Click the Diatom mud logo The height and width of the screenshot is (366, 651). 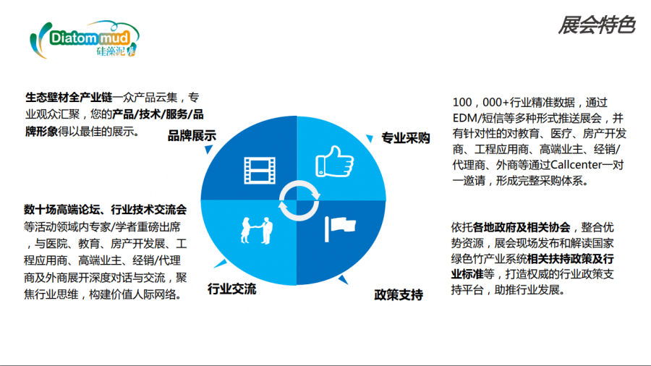click(x=85, y=39)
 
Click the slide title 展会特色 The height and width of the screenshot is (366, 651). click(x=597, y=25)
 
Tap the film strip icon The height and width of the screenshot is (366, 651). click(x=260, y=170)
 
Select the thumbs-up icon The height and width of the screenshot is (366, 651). click(x=335, y=161)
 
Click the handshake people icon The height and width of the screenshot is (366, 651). click(x=257, y=230)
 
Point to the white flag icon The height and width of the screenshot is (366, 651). click(x=340, y=229)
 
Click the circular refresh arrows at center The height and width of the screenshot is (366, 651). click(x=299, y=200)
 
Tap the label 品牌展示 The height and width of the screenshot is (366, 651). click(x=192, y=136)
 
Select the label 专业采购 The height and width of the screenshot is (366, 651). click(x=405, y=138)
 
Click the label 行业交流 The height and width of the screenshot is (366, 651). click(x=231, y=289)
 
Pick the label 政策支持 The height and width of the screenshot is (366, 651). click(x=399, y=294)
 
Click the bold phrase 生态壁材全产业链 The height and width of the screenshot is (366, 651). click(x=69, y=98)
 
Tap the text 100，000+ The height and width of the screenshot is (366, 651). click(x=481, y=102)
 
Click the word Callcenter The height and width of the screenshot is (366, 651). click(x=576, y=165)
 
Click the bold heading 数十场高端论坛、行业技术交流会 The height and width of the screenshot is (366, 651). click(x=106, y=210)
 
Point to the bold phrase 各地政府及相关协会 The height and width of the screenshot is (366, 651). click(x=522, y=227)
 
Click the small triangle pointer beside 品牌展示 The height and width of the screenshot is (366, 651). click(x=208, y=149)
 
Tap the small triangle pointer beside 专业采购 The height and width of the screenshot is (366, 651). click(x=369, y=138)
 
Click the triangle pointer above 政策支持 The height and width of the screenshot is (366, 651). click(x=343, y=280)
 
